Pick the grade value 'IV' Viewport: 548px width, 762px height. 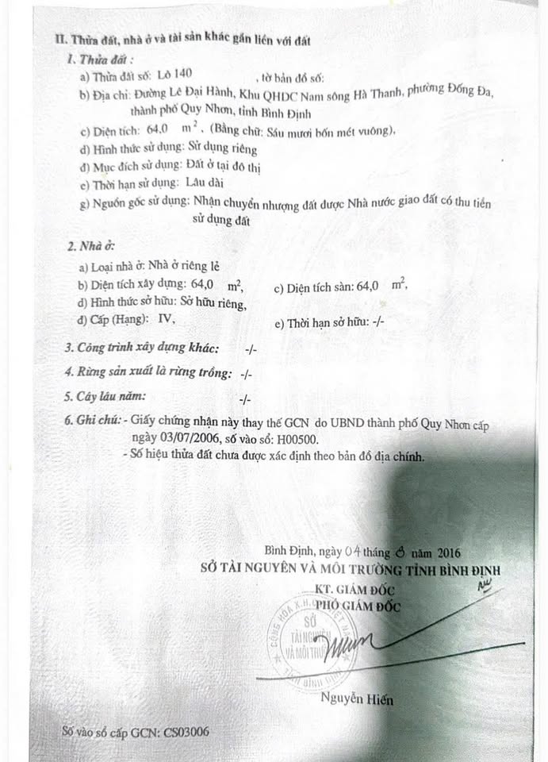tap(165, 319)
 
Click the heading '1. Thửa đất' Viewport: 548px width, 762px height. tap(100, 59)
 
